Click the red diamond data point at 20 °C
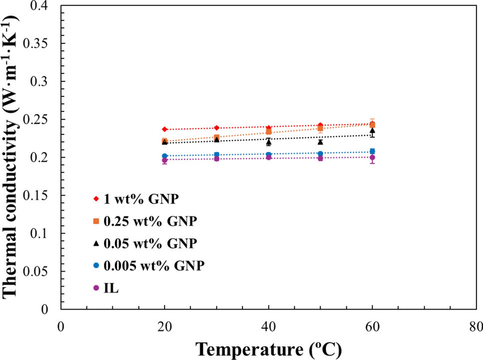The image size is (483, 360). [164, 129]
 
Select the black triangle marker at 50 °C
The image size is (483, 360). [320, 142]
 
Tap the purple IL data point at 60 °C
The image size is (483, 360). [372, 157]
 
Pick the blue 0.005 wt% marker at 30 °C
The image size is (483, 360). [217, 155]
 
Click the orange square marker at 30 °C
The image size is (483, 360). [217, 137]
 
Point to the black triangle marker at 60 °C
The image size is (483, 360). [372, 131]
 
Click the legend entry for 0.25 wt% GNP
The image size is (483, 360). [149, 221]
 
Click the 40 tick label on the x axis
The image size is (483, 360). [268, 327]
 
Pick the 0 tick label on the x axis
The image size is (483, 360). [60, 327]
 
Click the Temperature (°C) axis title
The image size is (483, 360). [268, 348]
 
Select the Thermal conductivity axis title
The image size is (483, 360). [11, 157]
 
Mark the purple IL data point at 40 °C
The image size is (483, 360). [268, 157]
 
